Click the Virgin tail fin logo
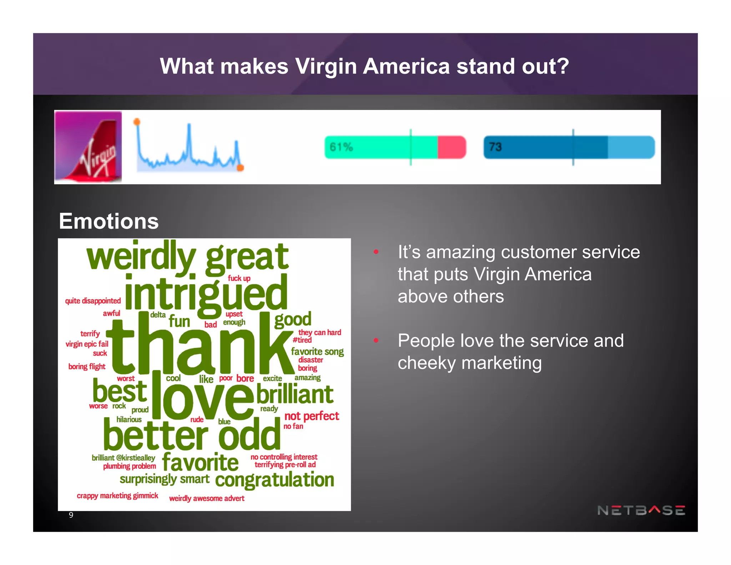88,147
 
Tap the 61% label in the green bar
341,147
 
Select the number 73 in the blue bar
495,147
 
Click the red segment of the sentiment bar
452,147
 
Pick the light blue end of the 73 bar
631,147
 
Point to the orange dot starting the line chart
137,122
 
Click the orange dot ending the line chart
241,167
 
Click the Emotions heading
109,221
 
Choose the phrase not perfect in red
311,416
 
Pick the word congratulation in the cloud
274,480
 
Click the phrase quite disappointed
93,301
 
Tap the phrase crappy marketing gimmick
117,496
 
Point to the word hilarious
129,419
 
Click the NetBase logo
641,510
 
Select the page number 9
71,515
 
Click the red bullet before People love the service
376,340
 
